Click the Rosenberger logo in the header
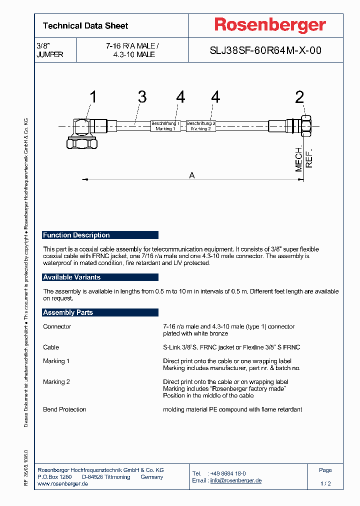[270, 25]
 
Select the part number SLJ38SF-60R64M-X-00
[265, 50]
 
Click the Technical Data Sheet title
[85, 26]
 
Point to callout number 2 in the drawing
[299, 97]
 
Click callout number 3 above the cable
[142, 97]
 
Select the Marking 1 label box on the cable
[165, 126]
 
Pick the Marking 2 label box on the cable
[201, 126]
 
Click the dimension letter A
[192, 175]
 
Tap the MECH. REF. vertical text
[303, 159]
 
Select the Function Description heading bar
[100, 235]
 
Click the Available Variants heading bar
[100, 277]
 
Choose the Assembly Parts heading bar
[100, 312]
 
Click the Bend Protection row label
[64, 409]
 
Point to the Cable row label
[51, 347]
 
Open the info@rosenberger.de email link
[235, 480]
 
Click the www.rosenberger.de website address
[63, 484]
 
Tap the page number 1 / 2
[325, 484]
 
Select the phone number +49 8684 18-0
[228, 473]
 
